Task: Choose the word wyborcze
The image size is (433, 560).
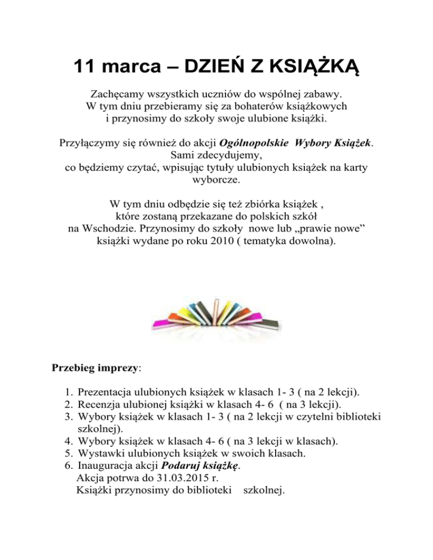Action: click(216, 181)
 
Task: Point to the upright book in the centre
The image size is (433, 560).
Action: click(217, 310)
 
